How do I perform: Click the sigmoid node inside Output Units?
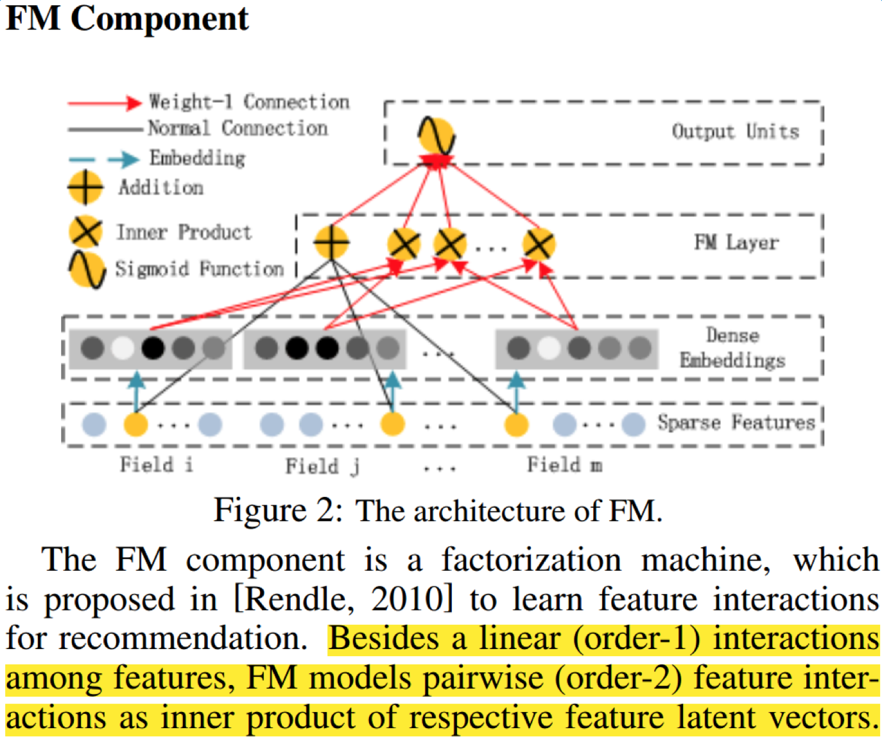(437, 135)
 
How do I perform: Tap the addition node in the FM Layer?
(331, 243)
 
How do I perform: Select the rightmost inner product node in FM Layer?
(538, 244)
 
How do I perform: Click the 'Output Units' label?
(735, 132)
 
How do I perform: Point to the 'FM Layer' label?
(736, 243)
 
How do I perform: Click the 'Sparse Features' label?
(736, 422)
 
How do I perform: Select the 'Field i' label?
(156, 464)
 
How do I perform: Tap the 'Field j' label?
(322, 465)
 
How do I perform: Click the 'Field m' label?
(564, 464)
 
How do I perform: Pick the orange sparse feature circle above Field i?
(135, 424)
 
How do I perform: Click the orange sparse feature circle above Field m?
(516, 424)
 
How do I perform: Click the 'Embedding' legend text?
(197, 158)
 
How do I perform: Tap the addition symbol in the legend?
(85, 187)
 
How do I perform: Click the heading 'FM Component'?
(127, 18)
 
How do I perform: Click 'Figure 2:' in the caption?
(279, 511)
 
